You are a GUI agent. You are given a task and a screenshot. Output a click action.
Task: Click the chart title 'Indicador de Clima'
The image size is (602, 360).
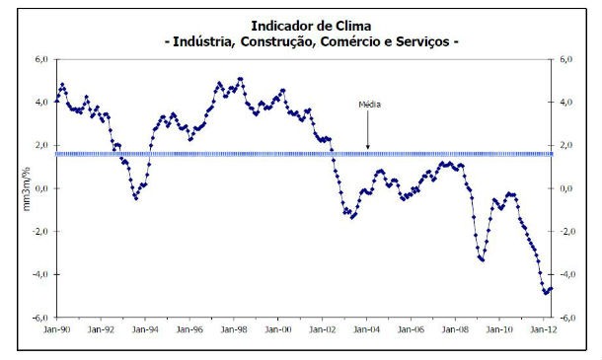click(x=302, y=25)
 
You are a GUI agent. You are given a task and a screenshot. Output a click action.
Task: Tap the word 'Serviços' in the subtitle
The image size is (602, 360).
click(x=417, y=42)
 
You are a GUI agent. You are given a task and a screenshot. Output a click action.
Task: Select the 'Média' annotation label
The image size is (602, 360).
click(x=368, y=103)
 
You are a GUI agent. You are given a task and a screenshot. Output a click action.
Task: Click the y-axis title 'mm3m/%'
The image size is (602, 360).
click(x=27, y=187)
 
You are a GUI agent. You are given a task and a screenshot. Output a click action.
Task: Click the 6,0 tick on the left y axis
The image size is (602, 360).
click(x=40, y=59)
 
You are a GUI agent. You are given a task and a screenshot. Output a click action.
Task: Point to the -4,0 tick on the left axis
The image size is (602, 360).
click(x=39, y=274)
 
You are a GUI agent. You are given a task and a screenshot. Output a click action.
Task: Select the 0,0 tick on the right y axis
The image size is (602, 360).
click(x=567, y=188)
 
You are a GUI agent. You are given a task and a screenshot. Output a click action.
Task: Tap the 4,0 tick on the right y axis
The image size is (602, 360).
click(x=567, y=103)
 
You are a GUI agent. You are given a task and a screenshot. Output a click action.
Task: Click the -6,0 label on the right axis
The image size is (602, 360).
click(x=567, y=318)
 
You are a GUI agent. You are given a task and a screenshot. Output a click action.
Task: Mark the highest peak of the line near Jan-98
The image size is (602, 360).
click(x=240, y=78)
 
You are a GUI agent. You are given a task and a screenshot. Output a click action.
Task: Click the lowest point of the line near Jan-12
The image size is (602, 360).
click(x=545, y=293)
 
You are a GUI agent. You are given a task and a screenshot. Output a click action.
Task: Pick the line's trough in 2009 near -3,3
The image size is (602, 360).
click(x=482, y=259)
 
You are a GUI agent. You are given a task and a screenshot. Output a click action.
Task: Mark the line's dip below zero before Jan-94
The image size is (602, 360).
click(x=135, y=198)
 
